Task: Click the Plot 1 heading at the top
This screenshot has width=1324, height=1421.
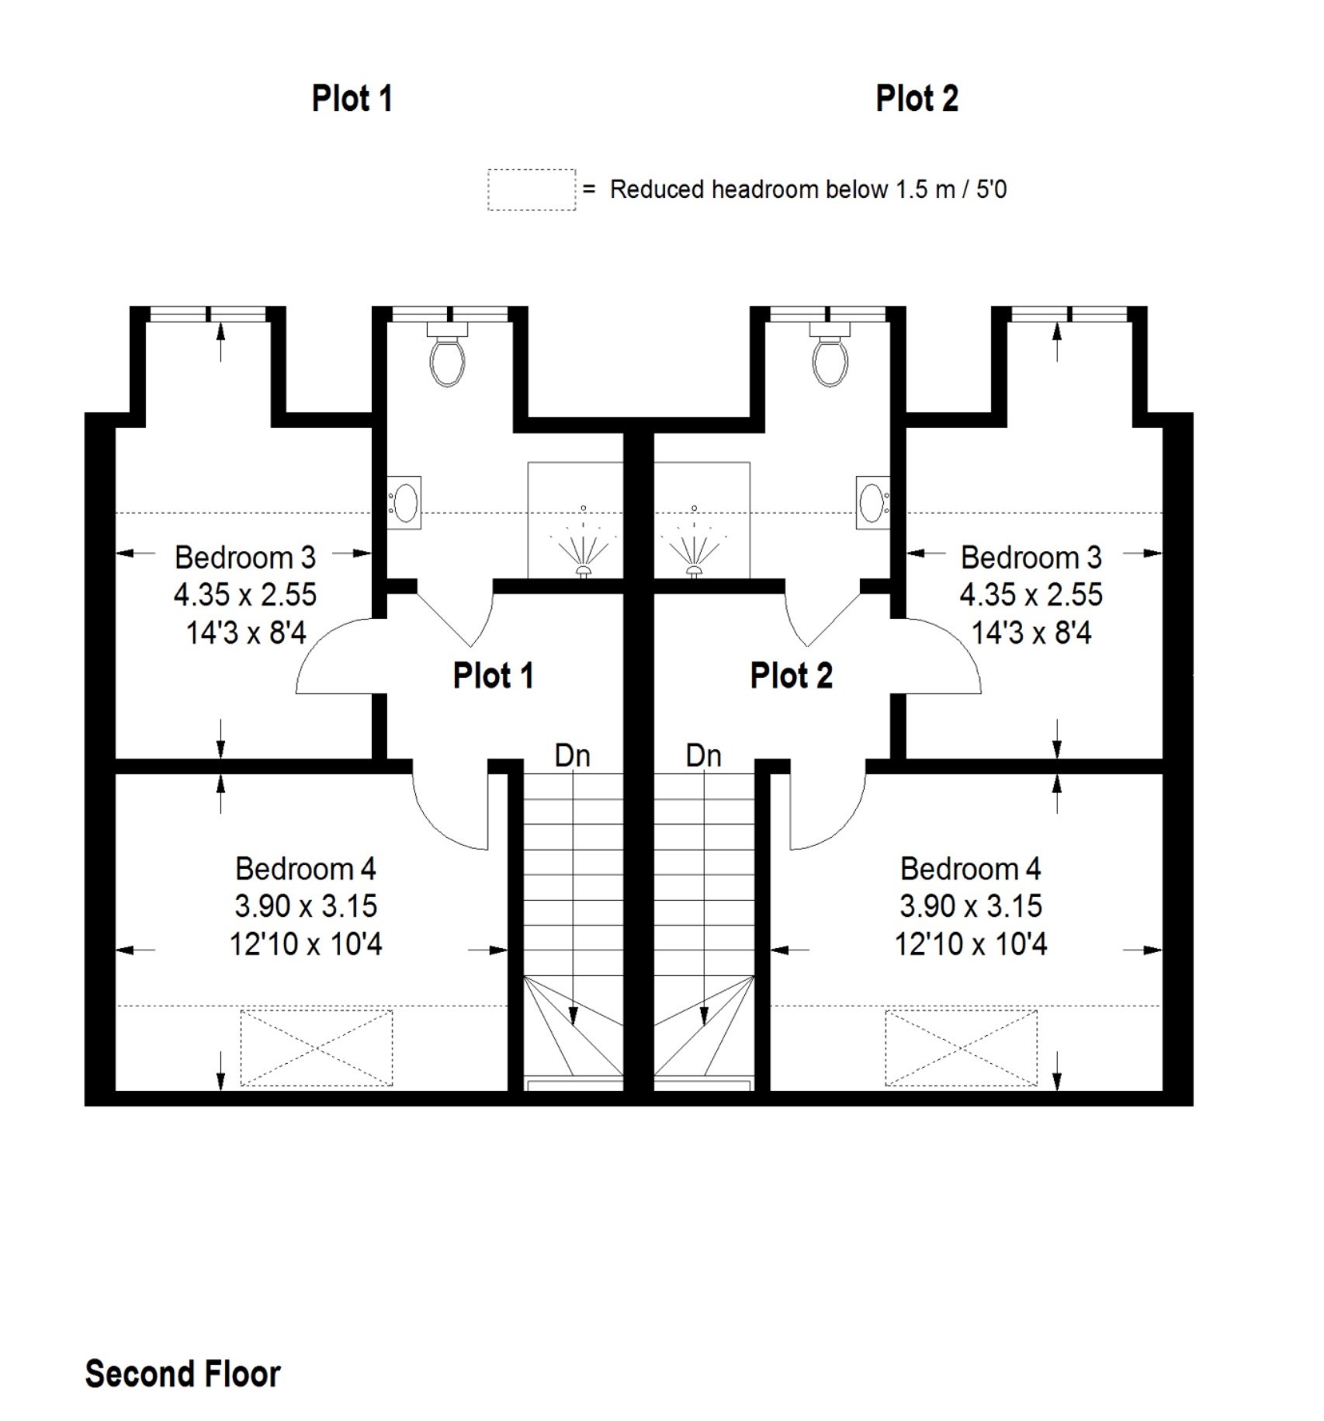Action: coord(352,99)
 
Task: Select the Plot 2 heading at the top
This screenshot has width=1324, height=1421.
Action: coord(917,99)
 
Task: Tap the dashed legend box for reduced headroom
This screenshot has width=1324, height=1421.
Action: coord(532,189)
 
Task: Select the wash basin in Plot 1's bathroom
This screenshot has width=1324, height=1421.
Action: coord(405,502)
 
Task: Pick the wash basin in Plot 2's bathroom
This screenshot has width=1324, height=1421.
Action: coord(872,502)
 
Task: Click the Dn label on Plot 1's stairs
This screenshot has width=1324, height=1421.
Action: coord(572,756)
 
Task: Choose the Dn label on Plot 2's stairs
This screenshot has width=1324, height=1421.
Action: coord(703,756)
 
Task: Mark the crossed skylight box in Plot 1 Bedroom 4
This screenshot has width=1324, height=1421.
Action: coord(317,1048)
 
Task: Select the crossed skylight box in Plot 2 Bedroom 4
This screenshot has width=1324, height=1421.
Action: coord(961,1048)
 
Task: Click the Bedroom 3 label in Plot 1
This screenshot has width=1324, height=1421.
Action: coord(245,558)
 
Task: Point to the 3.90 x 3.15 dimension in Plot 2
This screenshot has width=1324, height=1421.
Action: coord(970,906)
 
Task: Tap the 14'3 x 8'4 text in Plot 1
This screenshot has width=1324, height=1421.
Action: coord(245,633)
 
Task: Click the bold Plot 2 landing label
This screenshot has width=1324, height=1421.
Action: coord(791,676)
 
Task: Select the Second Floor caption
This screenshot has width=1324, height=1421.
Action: coord(182,1374)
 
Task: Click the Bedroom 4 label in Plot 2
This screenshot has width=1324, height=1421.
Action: coord(970,869)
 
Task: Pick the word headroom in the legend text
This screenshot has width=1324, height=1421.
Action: coord(763,189)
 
